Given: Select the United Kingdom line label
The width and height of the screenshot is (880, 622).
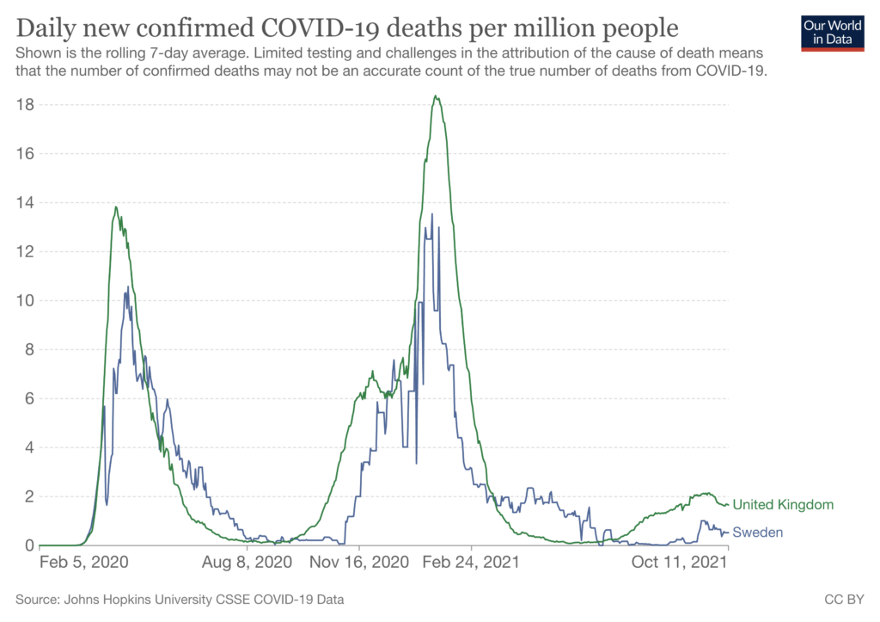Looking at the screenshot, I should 783,505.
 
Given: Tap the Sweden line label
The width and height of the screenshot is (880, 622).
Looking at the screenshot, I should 757,533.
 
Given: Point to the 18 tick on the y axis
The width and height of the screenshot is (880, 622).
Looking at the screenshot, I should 25,105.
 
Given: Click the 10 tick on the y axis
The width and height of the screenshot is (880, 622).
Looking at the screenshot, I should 25,301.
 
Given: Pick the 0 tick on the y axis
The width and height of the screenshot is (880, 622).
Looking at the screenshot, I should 29,545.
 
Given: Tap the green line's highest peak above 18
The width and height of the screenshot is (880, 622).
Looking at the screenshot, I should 437,96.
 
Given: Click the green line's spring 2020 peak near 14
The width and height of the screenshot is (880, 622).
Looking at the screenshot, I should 116,206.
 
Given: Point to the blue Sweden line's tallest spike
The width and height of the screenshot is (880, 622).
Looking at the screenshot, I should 432,214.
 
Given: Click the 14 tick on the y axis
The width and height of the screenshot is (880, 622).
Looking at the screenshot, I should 25,203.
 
